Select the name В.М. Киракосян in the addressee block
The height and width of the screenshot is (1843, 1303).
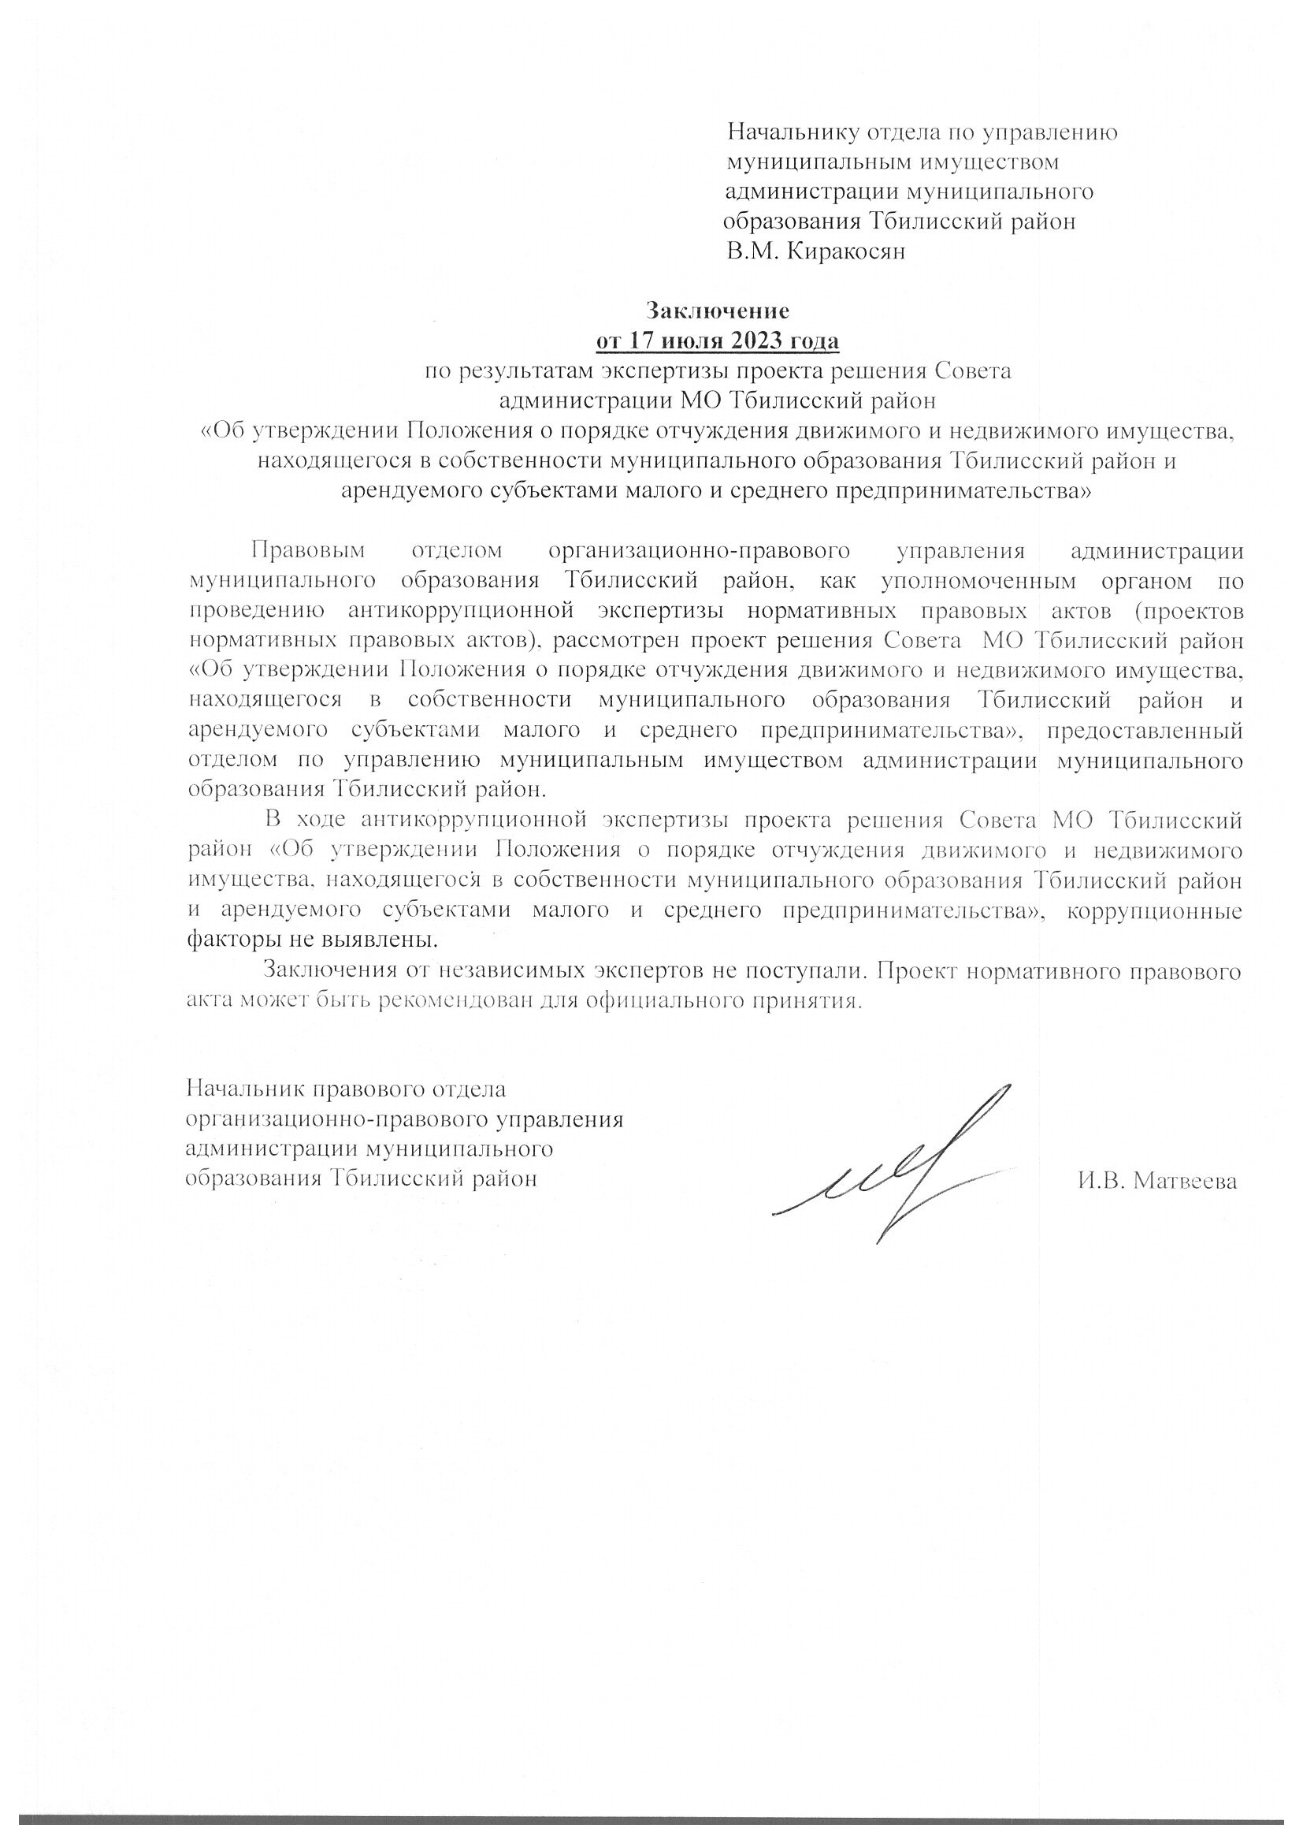pyautogui.click(x=816, y=252)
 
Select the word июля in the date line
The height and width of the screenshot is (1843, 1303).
pyautogui.click(x=695, y=341)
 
